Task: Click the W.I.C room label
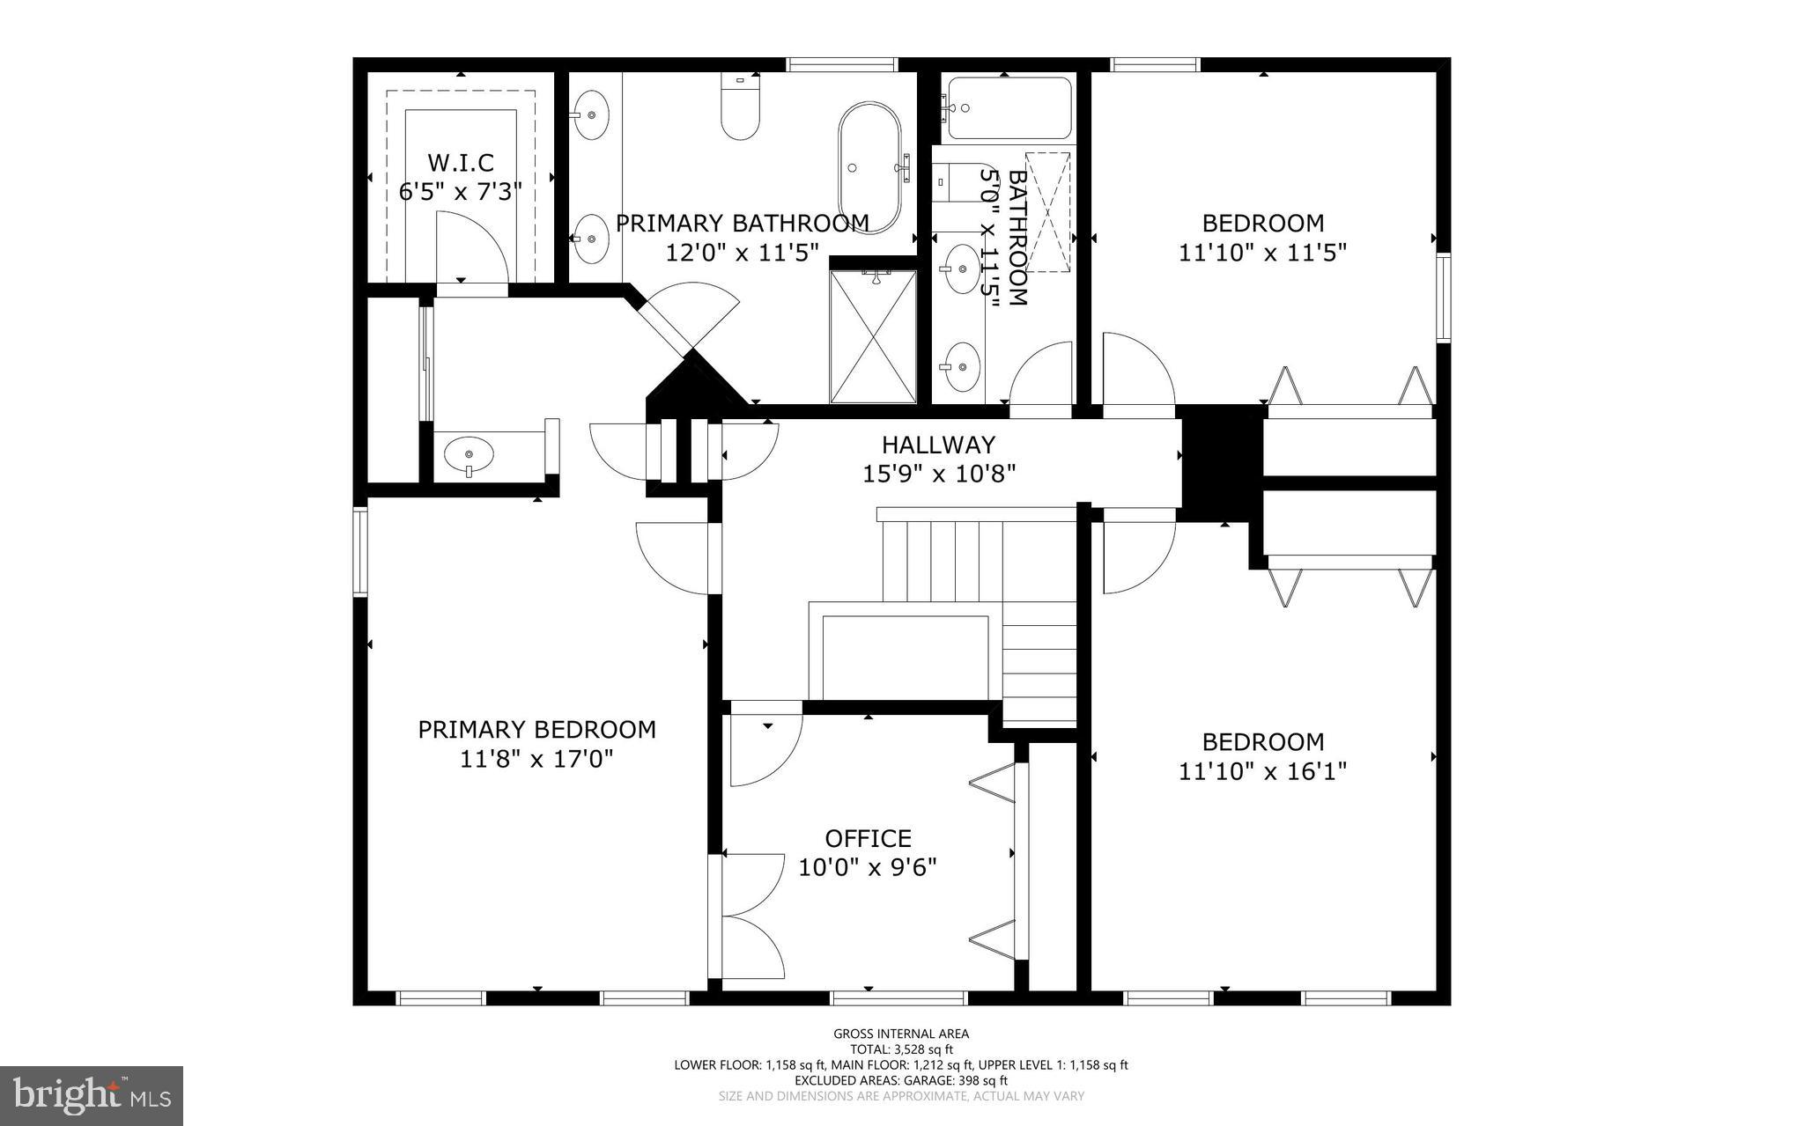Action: (460, 163)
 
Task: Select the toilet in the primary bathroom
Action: (740, 108)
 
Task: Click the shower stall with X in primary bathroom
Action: (873, 336)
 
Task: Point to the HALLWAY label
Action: (938, 445)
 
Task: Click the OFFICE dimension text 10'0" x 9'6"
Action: (867, 868)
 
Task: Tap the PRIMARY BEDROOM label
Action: (536, 730)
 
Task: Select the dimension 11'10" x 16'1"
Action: (1262, 772)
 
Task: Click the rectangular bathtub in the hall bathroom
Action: (1009, 108)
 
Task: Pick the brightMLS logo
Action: (92, 1094)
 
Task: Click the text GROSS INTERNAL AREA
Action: (901, 1034)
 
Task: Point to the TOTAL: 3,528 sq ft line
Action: (901, 1049)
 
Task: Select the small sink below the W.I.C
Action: (469, 456)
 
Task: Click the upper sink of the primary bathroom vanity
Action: (590, 114)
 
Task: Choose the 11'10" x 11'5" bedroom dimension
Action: (1262, 254)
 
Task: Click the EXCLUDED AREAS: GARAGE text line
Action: (901, 1080)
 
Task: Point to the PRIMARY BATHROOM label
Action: (742, 224)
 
